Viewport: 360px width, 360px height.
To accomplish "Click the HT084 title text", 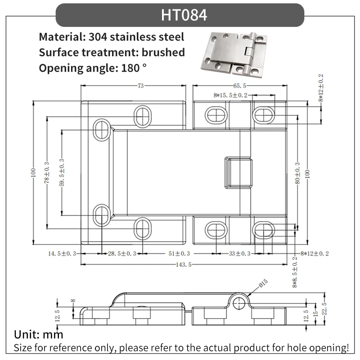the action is click(184, 15).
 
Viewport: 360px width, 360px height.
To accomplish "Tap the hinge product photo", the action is click(234, 54).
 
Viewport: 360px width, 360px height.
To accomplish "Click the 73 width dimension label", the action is click(141, 85).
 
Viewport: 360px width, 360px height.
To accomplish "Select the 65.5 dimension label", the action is click(240, 85).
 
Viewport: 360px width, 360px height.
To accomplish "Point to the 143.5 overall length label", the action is click(184, 265).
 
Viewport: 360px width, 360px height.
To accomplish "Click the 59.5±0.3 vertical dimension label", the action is click(62, 172).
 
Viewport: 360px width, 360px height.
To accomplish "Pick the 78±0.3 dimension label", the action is click(47, 172).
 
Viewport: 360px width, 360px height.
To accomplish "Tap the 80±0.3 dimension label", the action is click(297, 173).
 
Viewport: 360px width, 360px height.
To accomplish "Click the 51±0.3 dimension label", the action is click(179, 253).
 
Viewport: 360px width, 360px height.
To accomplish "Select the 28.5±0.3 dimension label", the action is click(122, 253).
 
